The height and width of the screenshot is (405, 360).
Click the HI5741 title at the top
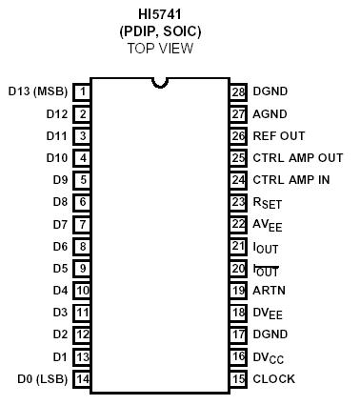[161, 14]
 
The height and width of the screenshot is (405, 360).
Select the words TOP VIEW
[161, 48]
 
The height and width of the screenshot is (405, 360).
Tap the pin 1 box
[84, 91]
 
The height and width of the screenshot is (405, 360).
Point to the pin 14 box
[84, 379]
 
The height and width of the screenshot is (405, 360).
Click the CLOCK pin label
[274, 379]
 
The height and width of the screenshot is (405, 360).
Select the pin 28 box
[238, 91]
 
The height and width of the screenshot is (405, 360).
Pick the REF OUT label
[278, 135]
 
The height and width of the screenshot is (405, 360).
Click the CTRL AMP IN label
[291, 179]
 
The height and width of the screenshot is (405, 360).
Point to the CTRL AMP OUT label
[297, 157]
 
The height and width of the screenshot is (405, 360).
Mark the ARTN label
[270, 291]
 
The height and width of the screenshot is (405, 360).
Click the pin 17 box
[238, 334]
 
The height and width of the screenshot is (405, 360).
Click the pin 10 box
[84, 291]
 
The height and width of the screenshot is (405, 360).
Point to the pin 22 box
[238, 224]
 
